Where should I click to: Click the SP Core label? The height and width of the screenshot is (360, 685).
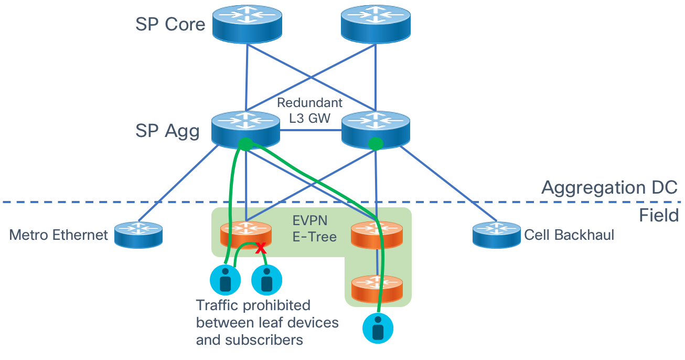point(170,24)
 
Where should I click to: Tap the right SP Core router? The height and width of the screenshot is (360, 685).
point(375,24)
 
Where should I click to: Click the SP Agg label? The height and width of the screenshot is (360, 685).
point(167,131)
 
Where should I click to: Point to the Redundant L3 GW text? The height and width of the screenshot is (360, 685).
point(309,110)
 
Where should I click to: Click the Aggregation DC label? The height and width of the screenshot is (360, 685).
point(609,187)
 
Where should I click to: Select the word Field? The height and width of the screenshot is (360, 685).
point(658,215)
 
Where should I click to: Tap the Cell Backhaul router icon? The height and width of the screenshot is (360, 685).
point(496,235)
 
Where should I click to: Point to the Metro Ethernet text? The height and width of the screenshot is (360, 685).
point(58,235)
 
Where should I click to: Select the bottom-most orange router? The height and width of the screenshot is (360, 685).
point(377,288)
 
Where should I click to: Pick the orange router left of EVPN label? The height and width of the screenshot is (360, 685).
point(247,235)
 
